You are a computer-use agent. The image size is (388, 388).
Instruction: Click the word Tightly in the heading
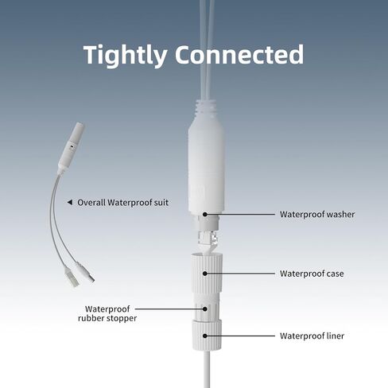point(125,56)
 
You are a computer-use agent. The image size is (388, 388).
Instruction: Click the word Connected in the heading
point(239,54)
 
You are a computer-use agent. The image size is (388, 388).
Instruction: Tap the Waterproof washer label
point(317,214)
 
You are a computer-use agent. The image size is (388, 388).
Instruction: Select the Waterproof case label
point(312,274)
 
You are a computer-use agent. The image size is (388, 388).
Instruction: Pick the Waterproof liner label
point(312,336)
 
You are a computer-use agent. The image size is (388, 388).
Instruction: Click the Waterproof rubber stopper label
point(107,313)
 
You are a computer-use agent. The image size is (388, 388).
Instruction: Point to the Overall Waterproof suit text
point(122,203)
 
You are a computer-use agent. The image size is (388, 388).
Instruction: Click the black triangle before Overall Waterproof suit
point(70,203)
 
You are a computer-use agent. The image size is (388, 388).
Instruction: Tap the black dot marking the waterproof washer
point(205,214)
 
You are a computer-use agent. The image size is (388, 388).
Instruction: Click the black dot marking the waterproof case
point(205,274)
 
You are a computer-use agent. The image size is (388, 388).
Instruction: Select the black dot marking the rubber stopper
point(205,308)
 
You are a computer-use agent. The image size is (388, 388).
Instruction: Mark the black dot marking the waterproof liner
point(205,336)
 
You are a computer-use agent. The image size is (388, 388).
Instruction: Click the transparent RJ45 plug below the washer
point(208,238)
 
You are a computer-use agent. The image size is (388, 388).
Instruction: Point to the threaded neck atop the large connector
point(207,110)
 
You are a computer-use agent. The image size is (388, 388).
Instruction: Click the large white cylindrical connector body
point(207,167)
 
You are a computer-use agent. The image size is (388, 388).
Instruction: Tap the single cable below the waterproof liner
point(207,369)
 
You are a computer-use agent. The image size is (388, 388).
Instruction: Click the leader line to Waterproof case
point(241,274)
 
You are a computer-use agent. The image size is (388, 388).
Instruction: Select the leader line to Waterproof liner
point(241,336)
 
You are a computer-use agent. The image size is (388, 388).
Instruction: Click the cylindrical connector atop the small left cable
point(72,145)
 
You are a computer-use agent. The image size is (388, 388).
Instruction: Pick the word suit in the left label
point(161,203)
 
